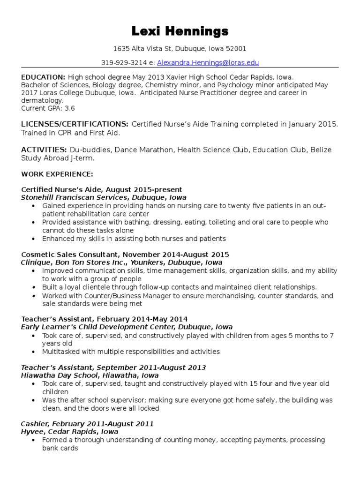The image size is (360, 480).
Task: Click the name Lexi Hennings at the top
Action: pos(180,31)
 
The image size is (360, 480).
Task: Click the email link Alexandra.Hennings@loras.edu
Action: pos(208,62)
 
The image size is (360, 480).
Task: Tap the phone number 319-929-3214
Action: pos(121,62)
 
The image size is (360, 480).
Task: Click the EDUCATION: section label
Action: pos(43,77)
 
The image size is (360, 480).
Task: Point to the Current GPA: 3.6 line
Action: pos(48,108)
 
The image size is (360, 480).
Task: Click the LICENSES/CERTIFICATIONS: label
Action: pos(75,124)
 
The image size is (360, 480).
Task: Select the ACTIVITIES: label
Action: pos(44,150)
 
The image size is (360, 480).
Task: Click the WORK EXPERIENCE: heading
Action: pos(57,174)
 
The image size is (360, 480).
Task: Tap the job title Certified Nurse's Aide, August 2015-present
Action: pos(101,189)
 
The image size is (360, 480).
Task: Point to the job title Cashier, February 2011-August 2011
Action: pos(87,423)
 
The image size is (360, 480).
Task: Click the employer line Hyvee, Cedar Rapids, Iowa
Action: pos(69,431)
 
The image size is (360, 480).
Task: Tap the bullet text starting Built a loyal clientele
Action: pos(179,287)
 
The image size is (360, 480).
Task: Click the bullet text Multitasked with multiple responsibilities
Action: pos(131,351)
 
